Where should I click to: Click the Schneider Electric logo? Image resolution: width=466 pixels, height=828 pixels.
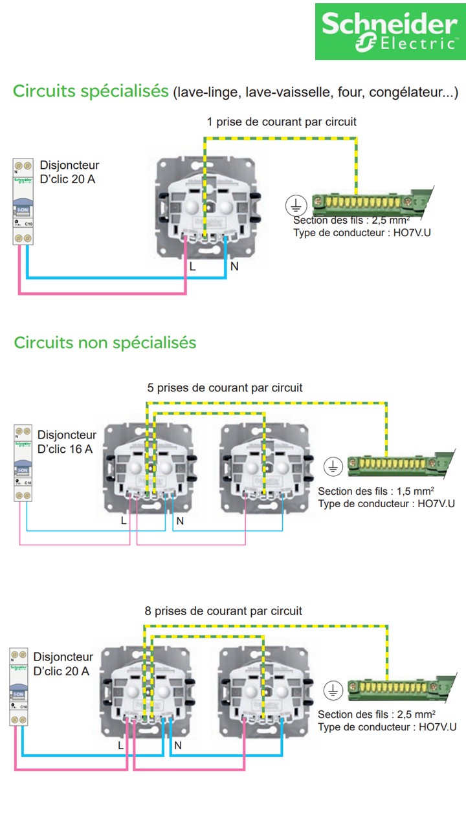pyautogui.click(x=390, y=32)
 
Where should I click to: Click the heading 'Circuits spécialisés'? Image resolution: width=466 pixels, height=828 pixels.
pyautogui.click(x=91, y=92)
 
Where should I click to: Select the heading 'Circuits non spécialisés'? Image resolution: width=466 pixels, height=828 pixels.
pyautogui.click(x=105, y=342)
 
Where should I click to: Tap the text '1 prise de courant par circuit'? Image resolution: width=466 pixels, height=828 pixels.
pyautogui.click(x=282, y=122)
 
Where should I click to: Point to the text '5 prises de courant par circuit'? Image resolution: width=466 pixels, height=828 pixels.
pyautogui.click(x=225, y=388)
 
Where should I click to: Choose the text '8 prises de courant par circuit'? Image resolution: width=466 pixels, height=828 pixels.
pyautogui.click(x=223, y=611)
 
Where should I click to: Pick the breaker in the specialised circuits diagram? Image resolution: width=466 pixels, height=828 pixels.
pyautogui.click(x=23, y=202)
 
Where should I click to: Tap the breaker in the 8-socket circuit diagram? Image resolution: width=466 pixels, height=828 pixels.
pyautogui.click(x=18, y=686)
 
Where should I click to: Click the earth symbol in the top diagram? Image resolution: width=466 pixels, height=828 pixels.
pyautogui.click(x=296, y=206)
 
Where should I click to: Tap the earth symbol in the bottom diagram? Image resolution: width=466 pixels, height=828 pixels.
pyautogui.click(x=332, y=690)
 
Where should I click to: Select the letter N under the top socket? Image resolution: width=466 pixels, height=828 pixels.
pyautogui.click(x=234, y=267)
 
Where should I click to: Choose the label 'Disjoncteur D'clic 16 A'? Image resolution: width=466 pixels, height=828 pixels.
pyautogui.click(x=67, y=441)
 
